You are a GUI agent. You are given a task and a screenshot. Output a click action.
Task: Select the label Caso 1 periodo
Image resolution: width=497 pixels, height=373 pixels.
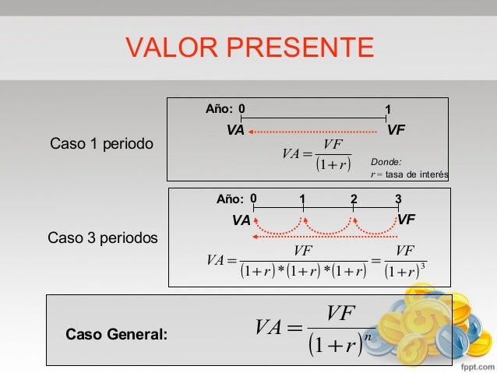click(101, 144)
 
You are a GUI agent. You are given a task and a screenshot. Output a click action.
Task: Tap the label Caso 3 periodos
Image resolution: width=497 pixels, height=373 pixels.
click(103, 236)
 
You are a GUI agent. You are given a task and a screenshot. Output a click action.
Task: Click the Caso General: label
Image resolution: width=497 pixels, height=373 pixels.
click(116, 334)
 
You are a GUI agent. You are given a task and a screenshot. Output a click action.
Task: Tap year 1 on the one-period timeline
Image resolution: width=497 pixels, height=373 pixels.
click(388, 108)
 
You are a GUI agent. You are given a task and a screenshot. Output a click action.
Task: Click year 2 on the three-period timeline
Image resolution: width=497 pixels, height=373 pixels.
click(354, 199)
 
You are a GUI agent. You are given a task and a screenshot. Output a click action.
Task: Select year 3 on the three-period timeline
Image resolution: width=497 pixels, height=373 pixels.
click(398, 199)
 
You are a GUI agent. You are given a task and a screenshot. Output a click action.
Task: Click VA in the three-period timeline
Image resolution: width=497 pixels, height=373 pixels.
click(241, 221)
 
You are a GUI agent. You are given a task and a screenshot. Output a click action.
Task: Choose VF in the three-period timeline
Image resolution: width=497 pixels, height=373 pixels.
click(406, 220)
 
